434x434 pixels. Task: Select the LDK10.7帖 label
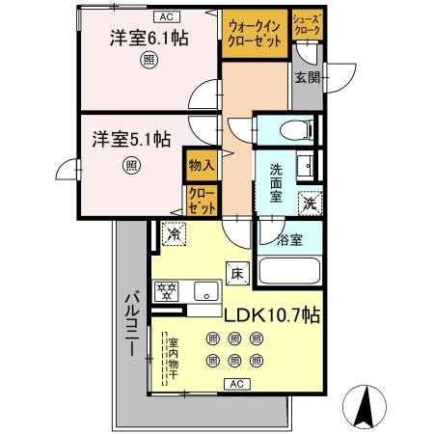point(272,314)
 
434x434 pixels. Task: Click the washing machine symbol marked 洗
point(309,203)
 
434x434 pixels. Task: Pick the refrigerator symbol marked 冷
point(174,233)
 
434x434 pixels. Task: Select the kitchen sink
point(205,289)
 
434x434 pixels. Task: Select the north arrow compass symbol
point(366,408)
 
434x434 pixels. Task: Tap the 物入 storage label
point(201,166)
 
